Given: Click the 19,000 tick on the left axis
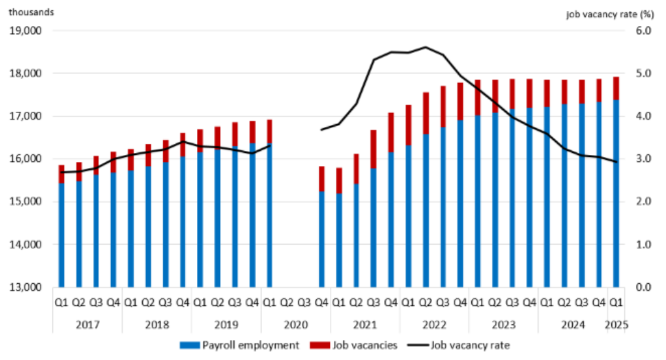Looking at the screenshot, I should (24, 31).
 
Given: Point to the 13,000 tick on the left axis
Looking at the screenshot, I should (24, 287).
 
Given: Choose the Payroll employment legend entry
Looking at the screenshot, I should (240, 345).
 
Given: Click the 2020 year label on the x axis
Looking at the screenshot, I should (295, 324).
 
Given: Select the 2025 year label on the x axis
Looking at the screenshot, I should (615, 324).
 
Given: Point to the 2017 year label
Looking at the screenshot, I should (87, 324).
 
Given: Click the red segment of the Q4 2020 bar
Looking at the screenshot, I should (322, 179).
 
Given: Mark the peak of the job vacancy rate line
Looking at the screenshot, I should (426, 47).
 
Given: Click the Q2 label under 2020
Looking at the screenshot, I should (287, 301).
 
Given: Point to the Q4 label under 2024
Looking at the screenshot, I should (599, 301).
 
